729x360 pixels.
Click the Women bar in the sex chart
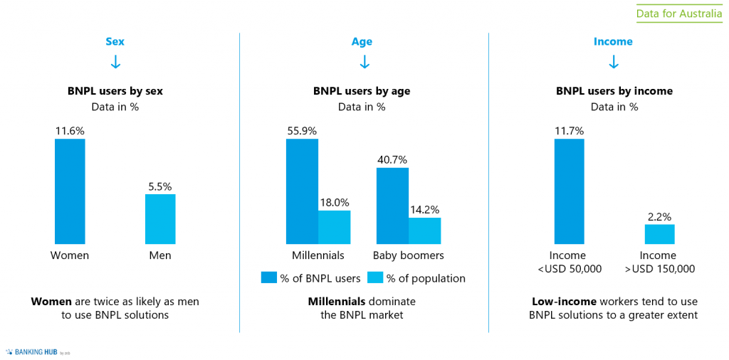[70, 191]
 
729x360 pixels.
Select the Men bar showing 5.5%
[160, 219]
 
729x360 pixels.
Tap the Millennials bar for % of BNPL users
[302, 191]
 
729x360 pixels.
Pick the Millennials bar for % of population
[334, 227]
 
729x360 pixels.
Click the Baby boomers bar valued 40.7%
[392, 206]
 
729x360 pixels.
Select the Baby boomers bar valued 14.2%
[424, 231]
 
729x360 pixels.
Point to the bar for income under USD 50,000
[569, 191]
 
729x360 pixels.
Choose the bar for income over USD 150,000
[659, 234]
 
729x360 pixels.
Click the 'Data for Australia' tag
[678, 14]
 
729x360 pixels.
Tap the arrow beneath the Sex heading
[115, 63]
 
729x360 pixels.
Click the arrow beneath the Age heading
[364, 63]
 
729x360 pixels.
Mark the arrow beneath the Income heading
[614, 63]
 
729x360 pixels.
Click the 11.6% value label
[70, 131]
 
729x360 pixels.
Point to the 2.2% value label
[659, 216]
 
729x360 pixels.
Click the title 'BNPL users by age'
[362, 91]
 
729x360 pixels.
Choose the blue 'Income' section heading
[613, 41]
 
